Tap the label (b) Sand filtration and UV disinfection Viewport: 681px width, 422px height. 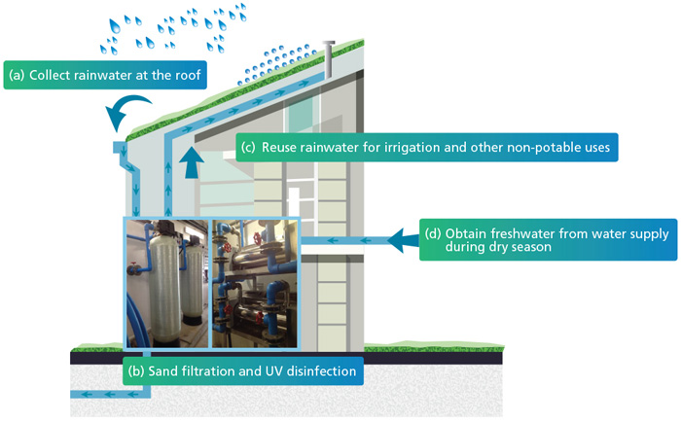coord(243,370)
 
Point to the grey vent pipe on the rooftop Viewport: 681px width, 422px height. coord(331,60)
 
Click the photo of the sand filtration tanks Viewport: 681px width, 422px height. coord(167,281)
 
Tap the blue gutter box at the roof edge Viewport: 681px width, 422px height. coord(121,147)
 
